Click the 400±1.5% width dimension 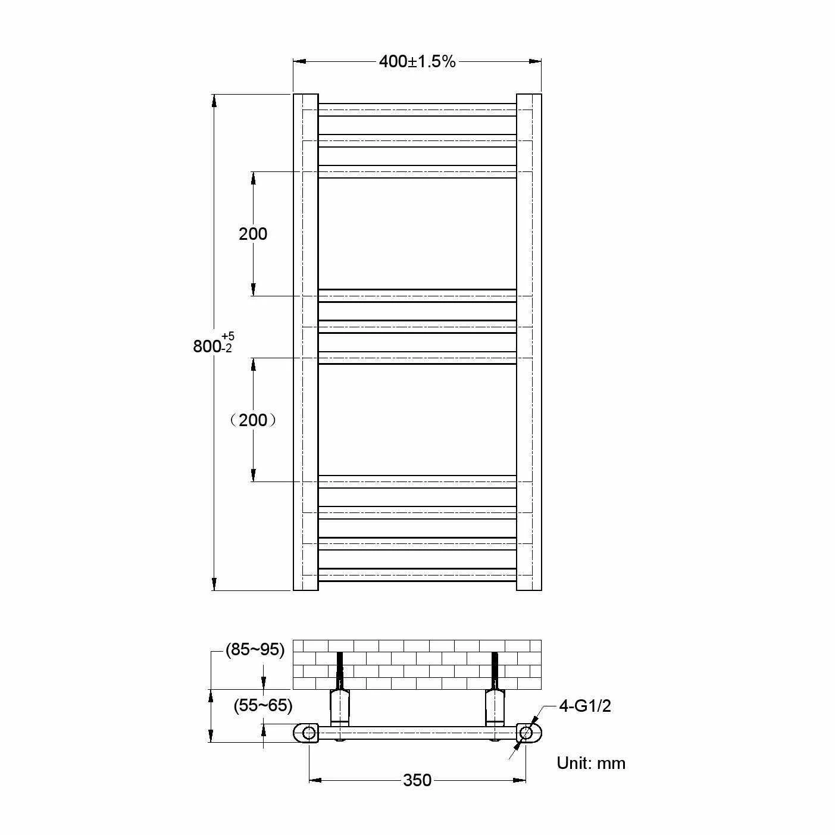417,61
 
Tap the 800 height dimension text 207,346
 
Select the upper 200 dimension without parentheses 253,234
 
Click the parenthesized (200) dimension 253,420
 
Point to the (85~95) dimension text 255,649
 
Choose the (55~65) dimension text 262,705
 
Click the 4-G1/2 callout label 584,706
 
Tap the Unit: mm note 591,763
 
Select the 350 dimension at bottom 417,780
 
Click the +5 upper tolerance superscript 228,337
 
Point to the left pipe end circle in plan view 308,733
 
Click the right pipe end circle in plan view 526,733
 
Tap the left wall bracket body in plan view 340,706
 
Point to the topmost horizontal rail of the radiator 417,110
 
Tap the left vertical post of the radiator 305,342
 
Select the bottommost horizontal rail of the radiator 417,575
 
